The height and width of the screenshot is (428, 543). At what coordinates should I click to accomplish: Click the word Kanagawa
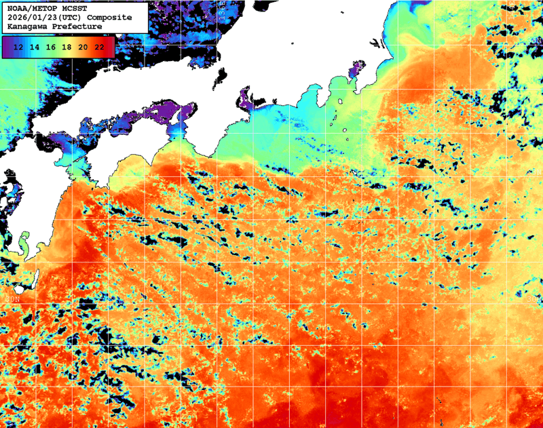point(28,26)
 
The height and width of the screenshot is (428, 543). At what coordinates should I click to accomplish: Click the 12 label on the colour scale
point(19,47)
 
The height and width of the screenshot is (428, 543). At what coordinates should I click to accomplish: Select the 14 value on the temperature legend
point(35,47)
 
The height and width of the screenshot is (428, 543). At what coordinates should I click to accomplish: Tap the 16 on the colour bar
point(51,47)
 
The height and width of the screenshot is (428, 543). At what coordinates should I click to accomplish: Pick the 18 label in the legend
point(67,47)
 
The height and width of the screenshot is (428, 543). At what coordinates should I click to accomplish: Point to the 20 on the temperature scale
point(83,47)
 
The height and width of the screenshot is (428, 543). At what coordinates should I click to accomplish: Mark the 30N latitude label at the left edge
point(12,298)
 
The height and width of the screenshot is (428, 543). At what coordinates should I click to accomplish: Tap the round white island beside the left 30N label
point(31,277)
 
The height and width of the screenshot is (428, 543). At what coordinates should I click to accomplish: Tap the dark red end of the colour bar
point(110,47)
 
